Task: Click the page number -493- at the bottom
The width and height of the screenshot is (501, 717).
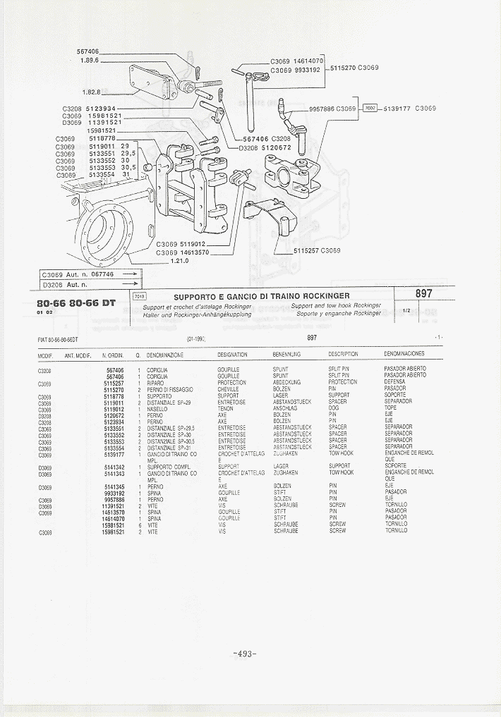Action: point(243,654)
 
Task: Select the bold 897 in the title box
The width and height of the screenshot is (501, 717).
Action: point(424,293)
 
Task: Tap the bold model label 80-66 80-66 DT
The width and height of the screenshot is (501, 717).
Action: point(76,303)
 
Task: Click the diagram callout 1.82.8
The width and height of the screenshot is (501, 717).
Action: point(91,92)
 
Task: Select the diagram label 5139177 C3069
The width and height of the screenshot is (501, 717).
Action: point(409,109)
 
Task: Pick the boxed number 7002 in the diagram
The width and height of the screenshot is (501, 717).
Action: point(370,109)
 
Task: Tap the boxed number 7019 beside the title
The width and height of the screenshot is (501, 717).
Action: point(138,296)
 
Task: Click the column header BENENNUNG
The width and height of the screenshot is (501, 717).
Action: point(286,355)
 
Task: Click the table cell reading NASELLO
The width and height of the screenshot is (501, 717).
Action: point(157,409)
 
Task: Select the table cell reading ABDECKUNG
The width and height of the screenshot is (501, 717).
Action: point(286,382)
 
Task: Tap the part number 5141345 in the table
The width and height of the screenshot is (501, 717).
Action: point(114,486)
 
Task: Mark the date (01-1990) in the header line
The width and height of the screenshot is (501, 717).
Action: point(195,339)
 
